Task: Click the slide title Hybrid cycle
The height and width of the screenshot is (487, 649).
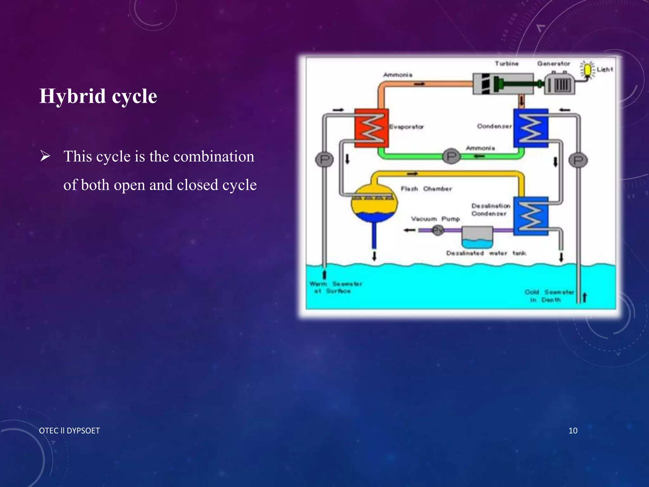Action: pos(98,96)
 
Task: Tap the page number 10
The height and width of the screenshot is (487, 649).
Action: pos(573,431)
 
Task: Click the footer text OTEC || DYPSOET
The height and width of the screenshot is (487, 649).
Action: pos(69,431)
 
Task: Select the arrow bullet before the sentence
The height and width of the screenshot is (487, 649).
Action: pos(45,156)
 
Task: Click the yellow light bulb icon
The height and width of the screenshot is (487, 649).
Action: pos(588,70)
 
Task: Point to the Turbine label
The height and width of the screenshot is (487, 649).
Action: pos(506,64)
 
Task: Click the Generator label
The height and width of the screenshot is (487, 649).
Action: pos(553,64)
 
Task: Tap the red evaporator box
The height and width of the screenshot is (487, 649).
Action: pos(371,128)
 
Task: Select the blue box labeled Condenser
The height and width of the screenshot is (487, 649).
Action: pos(531,128)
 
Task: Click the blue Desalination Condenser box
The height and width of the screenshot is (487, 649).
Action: pos(531,216)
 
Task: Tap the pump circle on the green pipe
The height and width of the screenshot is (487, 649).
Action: pos(451,156)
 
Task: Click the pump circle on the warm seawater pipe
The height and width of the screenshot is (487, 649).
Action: pos(324,159)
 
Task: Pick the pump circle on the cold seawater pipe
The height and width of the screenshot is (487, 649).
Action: pos(578,160)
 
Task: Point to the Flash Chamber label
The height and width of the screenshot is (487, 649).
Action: pos(426,189)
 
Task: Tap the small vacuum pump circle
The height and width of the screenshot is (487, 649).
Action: pos(438,230)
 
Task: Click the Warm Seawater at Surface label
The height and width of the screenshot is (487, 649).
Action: pos(335,287)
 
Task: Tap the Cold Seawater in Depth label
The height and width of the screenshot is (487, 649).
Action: pos(549,296)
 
